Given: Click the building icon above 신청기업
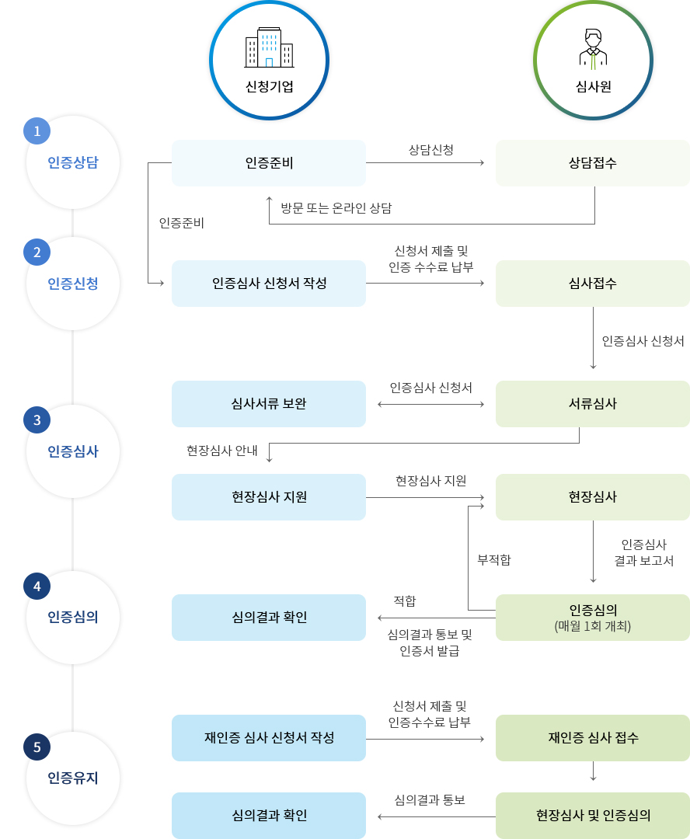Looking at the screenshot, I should coord(269,48).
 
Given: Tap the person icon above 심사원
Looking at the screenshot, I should coord(593,48).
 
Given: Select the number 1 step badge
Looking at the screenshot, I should coord(37,131).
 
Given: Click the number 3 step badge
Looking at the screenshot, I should coord(37,420).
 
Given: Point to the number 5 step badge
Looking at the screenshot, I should coord(37,747).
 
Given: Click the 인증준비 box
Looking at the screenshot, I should coord(269,163).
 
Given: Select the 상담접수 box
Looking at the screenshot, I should coord(593,163).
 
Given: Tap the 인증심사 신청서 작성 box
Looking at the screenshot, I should coord(269,284).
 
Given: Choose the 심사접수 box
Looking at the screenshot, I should coord(593,284).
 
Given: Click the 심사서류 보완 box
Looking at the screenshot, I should coord(269,404).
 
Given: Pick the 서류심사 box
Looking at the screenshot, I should coord(593,404).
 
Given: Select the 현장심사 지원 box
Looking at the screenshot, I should coord(269,497).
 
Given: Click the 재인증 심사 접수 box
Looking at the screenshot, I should coord(593,738).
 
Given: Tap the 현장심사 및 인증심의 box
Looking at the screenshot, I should coord(593,816).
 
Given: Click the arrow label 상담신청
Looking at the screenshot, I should coord(431,148).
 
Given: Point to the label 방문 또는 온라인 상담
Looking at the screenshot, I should coord(336,208).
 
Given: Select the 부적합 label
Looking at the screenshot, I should coord(494,559).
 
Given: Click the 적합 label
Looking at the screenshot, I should coord(405,601).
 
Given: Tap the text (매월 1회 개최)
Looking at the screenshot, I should coord(593,625).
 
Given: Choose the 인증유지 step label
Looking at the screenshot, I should coord(73,778).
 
